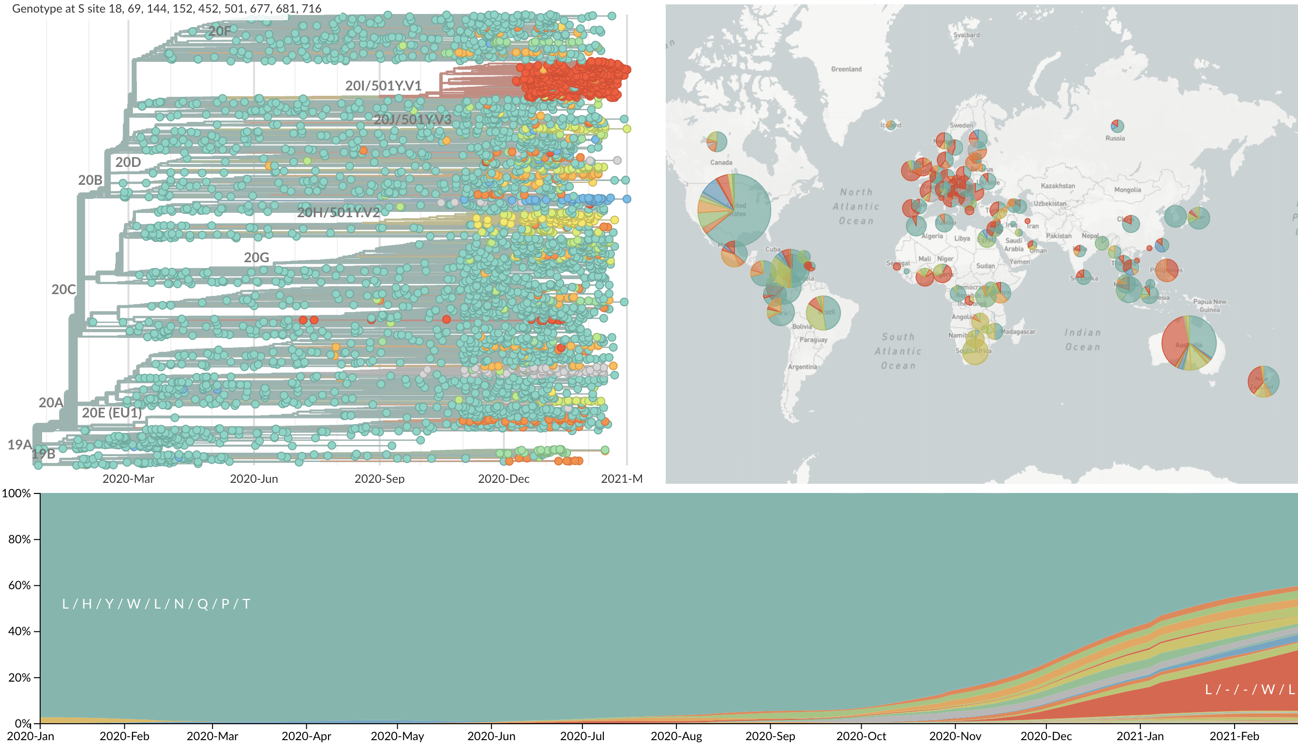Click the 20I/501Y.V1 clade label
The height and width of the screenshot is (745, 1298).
point(383,86)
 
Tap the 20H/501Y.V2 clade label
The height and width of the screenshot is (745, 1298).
point(338,212)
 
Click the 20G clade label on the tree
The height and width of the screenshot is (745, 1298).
point(256,257)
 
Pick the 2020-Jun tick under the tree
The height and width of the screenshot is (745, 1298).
point(254,478)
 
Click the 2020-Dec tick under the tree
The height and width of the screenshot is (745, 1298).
point(504,478)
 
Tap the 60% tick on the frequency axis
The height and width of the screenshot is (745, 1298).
point(19,585)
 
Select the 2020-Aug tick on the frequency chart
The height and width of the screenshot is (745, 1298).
point(676,736)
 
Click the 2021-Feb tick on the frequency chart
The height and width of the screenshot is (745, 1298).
point(1234,736)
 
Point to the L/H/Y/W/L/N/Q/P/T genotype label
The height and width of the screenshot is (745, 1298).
point(156,604)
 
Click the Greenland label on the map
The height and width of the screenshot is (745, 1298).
point(846,69)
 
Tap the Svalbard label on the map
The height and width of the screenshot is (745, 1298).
point(966,35)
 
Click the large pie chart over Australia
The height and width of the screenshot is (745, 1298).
point(1189,343)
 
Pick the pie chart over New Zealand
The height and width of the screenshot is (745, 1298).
point(1263,381)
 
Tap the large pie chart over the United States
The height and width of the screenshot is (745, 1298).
point(734,210)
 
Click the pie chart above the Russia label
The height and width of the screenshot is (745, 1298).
point(1118,125)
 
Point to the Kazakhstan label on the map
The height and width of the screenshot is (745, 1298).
point(1058,186)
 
